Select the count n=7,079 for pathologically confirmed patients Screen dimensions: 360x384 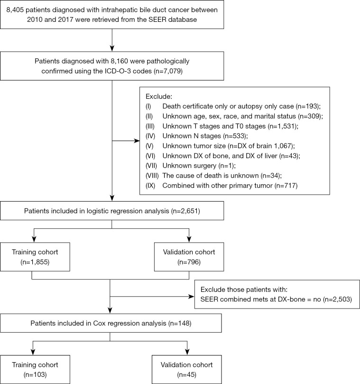[169, 71]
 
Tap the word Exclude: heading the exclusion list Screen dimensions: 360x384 [159, 96]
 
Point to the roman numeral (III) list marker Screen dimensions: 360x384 [150, 126]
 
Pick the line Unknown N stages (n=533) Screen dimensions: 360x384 [205, 136]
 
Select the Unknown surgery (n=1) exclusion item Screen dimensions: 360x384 [199, 166]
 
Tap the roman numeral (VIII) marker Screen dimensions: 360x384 [152, 176]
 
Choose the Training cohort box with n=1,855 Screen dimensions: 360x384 [35, 257]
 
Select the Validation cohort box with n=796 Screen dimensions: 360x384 [189, 257]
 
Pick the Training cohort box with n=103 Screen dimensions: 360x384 [35, 370]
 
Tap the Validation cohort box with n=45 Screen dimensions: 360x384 [187, 370]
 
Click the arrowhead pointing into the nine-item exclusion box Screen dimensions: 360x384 [137, 141]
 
